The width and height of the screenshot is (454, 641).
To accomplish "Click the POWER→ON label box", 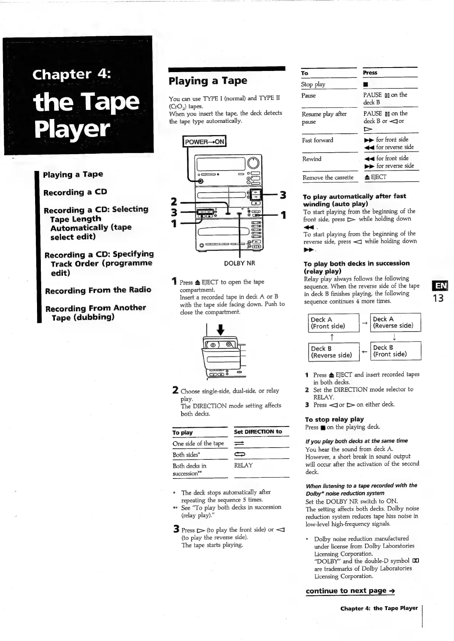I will pyautogui.click(x=204, y=142).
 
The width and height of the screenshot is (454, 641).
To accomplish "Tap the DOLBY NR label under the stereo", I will pyautogui.click(x=240, y=263).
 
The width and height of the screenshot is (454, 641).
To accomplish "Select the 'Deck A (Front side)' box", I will pyautogui.click(x=334, y=323).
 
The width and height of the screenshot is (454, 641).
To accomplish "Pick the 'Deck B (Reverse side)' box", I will pyautogui.click(x=334, y=352).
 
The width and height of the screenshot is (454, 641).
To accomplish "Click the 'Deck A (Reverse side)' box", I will pyautogui.click(x=396, y=322).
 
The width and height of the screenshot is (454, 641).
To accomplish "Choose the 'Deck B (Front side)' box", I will pyautogui.click(x=396, y=351).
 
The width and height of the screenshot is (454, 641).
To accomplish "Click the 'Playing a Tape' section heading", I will pyautogui.click(x=208, y=81).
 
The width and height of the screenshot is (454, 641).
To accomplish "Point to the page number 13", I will pyautogui.click(x=438, y=298).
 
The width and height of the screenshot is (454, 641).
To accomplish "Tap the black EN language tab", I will pyautogui.click(x=438, y=286).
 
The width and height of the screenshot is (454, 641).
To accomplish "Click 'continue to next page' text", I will pyautogui.click(x=350, y=591).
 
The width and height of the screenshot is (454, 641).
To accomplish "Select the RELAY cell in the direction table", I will pyautogui.click(x=243, y=465).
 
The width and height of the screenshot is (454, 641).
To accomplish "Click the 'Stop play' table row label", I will pyautogui.click(x=313, y=84).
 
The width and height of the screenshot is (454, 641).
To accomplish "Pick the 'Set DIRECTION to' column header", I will pyautogui.click(x=258, y=432).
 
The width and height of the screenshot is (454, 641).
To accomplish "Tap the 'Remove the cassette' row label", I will pyautogui.click(x=328, y=177).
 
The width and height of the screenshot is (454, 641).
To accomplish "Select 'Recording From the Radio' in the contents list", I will pyautogui.click(x=98, y=290).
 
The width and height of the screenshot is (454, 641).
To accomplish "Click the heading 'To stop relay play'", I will pyautogui.click(x=335, y=419).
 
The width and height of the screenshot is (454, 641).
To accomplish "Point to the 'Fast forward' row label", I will pyautogui.click(x=317, y=140).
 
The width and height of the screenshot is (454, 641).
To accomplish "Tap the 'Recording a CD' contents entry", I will pyautogui.click(x=75, y=192).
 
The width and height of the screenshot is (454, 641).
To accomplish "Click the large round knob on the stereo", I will pyautogui.click(x=253, y=163).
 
